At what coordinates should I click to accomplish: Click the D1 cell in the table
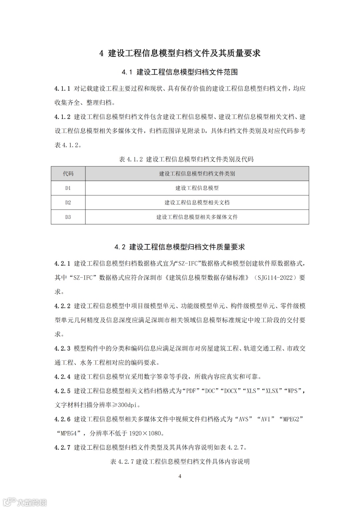(x=68, y=188)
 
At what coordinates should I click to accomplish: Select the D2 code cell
(x=68, y=202)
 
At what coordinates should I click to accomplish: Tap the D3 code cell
(x=68, y=217)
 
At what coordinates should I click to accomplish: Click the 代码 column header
(x=68, y=174)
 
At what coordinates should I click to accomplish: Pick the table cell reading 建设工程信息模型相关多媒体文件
(x=197, y=217)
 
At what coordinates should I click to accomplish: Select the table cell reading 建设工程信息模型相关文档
(x=197, y=202)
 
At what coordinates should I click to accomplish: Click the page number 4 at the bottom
(x=180, y=476)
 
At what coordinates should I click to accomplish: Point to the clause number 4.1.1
(x=62, y=89)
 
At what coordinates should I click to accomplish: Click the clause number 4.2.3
(x=62, y=349)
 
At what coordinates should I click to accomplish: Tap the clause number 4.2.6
(x=62, y=419)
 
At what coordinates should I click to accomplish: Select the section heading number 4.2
(x=120, y=247)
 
